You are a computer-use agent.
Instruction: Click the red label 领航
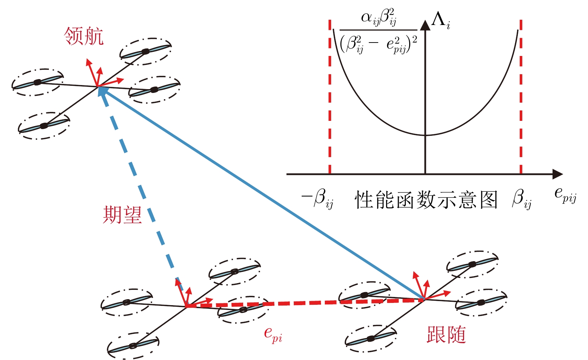click(x=84, y=36)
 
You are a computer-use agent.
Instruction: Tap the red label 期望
click(x=122, y=215)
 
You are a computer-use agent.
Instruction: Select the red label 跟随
click(x=446, y=335)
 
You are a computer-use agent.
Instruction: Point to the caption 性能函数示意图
click(x=426, y=200)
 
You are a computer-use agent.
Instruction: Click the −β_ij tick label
click(x=317, y=198)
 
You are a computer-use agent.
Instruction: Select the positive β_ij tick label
click(x=522, y=198)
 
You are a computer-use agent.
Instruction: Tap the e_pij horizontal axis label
click(x=565, y=195)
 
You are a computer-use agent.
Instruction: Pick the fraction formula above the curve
click(x=378, y=31)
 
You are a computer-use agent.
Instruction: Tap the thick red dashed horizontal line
click(x=305, y=303)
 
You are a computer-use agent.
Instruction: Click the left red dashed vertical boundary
click(x=330, y=97)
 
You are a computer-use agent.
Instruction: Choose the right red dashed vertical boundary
click(x=521, y=97)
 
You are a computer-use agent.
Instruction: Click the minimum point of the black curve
click(x=426, y=135)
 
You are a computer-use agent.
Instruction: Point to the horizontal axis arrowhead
click(x=557, y=174)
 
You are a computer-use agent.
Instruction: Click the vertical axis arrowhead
click(x=425, y=25)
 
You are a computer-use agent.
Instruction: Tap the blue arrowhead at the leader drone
click(x=103, y=91)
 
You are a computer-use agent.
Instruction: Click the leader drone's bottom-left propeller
click(x=44, y=126)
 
